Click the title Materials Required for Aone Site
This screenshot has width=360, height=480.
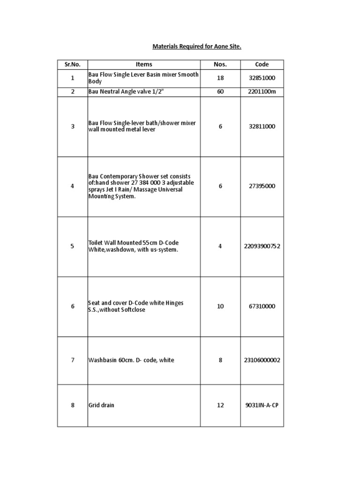[196, 47]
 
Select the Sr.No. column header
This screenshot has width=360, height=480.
[72, 65]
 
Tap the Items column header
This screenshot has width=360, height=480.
[144, 65]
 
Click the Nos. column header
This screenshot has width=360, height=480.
[220, 65]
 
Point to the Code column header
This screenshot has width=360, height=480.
[262, 65]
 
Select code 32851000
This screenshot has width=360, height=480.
[262, 78]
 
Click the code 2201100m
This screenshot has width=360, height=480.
[262, 92]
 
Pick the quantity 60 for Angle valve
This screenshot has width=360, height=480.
[220, 92]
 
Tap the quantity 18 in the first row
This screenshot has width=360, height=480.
[220, 78]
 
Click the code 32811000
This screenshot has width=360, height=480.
[262, 127]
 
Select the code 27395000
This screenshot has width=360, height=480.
[262, 186]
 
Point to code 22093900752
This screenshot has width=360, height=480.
[262, 246]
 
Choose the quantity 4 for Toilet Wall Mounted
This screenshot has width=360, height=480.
[220, 246]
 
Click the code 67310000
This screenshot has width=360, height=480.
[262, 307]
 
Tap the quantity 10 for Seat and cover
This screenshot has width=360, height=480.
[220, 307]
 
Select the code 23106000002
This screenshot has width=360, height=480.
[262, 360]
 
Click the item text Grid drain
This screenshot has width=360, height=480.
[101, 405]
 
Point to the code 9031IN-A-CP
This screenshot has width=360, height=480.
[262, 405]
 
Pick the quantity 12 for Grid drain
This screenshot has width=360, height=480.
[220, 405]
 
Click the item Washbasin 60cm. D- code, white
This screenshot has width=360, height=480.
[131, 360]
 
